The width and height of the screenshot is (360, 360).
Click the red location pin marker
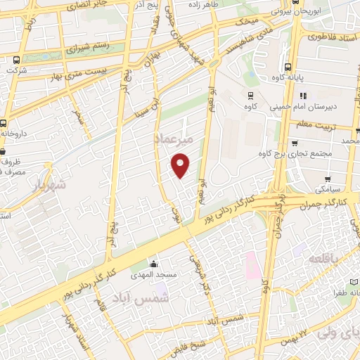point(181,166)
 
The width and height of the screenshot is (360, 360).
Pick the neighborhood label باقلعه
point(325,258)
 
